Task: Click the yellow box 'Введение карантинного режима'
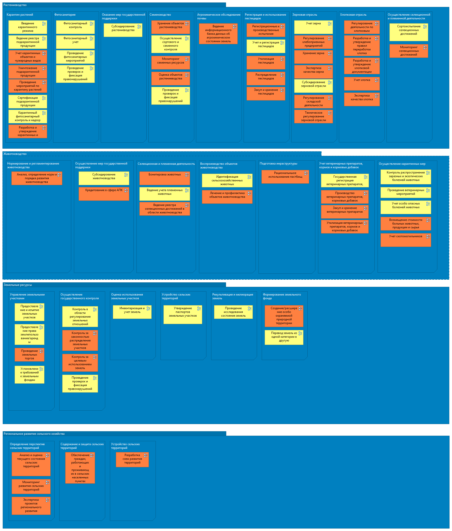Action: pyautogui.click(x=28, y=27)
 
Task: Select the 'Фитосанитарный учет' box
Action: pyautogui.click(x=75, y=42)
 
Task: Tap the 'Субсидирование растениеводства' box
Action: pyautogui.click(x=123, y=30)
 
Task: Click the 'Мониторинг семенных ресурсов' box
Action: pyautogui.click(x=171, y=63)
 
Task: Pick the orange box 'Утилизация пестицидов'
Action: pyautogui.click(x=266, y=63)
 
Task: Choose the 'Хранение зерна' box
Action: pyautogui.click(x=314, y=57)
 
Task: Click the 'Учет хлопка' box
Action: pyautogui.click(x=362, y=84)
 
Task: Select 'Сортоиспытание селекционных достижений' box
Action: pyautogui.click(x=409, y=32)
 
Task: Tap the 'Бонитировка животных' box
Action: pyautogui.click(x=165, y=178)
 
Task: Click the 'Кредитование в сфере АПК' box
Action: pyautogui.click(x=104, y=194)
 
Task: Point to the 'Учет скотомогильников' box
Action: pyautogui.click(x=406, y=240)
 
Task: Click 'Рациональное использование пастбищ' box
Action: pyautogui.click(x=285, y=177)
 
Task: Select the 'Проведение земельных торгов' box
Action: pyautogui.click(x=30, y=355)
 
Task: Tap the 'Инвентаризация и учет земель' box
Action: pyautogui.click(x=132, y=312)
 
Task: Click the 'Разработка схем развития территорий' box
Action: pyautogui.click(x=132, y=460)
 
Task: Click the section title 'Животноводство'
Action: pyautogui.click(x=15, y=154)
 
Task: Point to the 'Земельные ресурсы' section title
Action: pyautogui.click(x=18, y=285)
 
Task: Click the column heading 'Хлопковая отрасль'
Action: pyautogui.click(x=353, y=15)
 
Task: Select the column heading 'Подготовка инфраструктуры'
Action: pyautogui.click(x=279, y=164)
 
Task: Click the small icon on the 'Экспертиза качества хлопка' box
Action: pyautogui.click(x=377, y=96)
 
